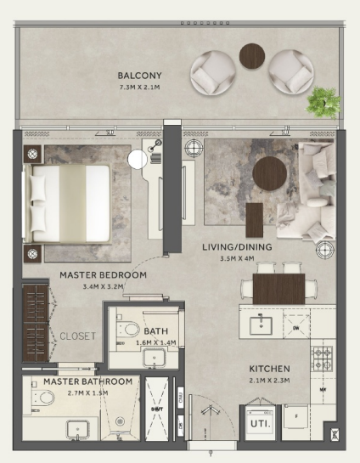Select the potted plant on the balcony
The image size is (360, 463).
(323, 101)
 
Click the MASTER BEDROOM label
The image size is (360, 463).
(104, 275)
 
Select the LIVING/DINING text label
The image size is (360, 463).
(236, 247)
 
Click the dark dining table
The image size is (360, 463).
(278, 288)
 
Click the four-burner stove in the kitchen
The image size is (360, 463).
(323, 357)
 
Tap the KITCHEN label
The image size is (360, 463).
(269, 369)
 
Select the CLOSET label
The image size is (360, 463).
(77, 336)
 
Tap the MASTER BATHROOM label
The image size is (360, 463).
(87, 381)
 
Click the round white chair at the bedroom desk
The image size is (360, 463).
(138, 160)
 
